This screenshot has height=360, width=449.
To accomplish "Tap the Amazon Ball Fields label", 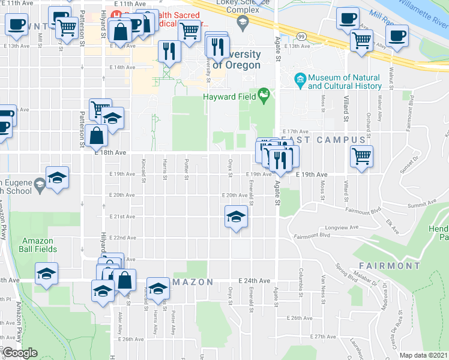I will click(x=37, y=245).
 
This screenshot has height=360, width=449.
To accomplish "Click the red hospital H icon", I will click(x=116, y=13).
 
